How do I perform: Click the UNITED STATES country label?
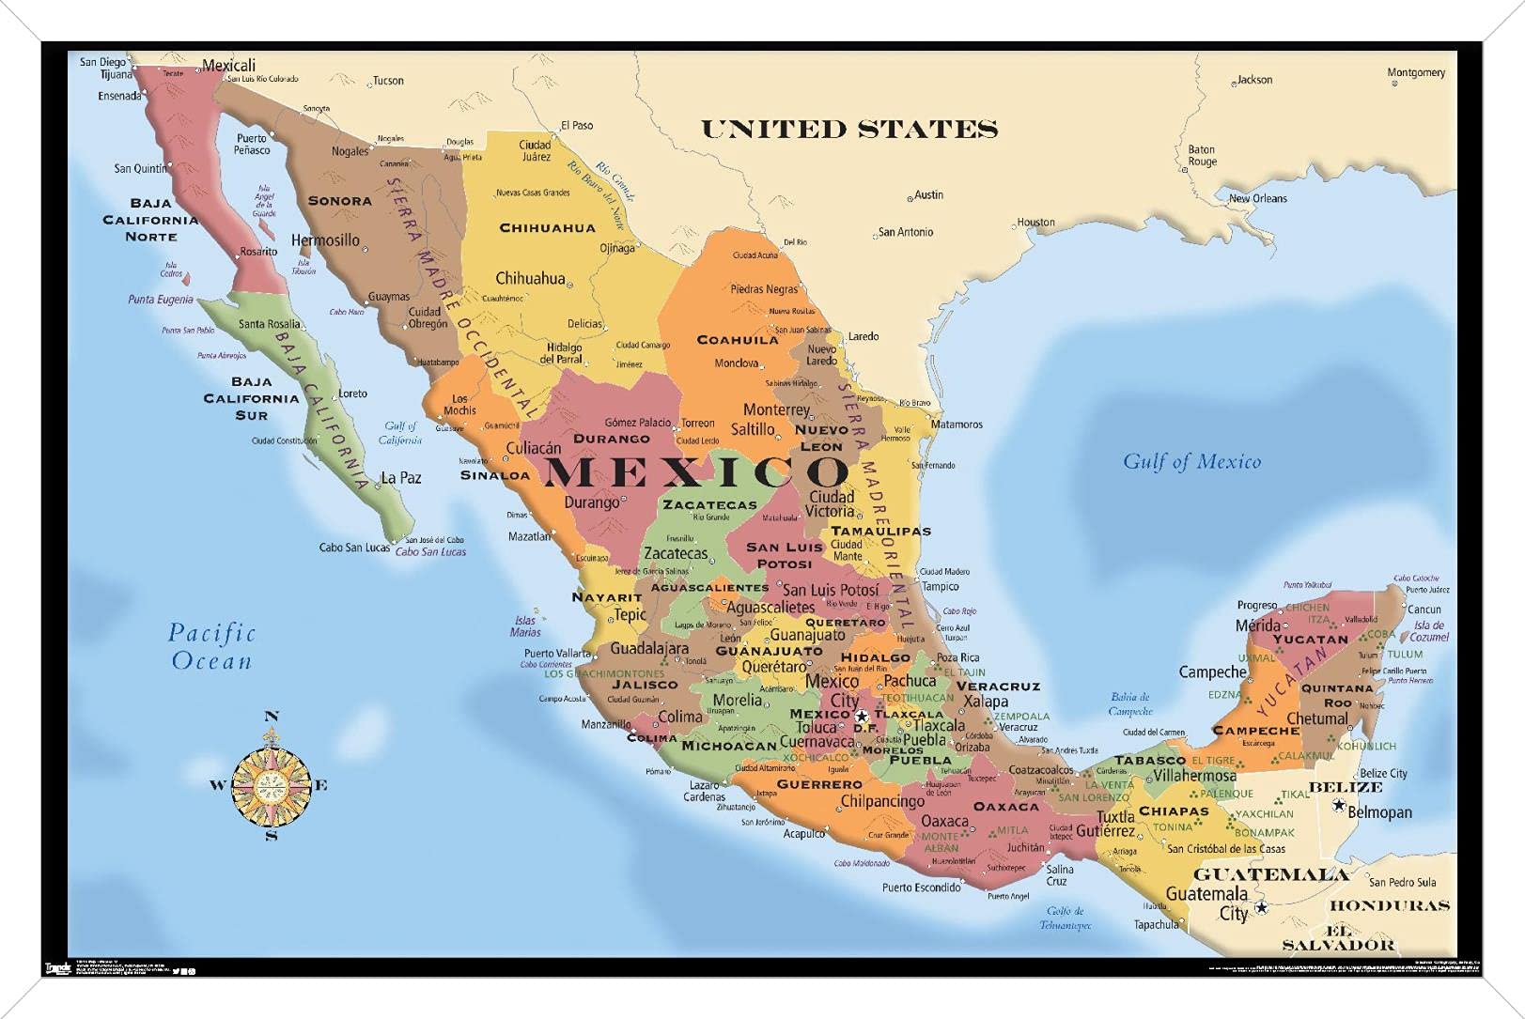pos(848,130)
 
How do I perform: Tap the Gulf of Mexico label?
pos(1191,461)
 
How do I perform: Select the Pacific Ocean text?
pos(211,646)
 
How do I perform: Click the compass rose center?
pos(271,784)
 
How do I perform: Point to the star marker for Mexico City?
pos(862,717)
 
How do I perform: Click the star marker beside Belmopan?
pos(1339,805)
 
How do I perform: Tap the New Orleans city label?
pos(1258,198)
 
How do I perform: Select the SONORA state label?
pos(339,201)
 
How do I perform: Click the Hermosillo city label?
pos(325,240)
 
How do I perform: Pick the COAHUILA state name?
pos(738,340)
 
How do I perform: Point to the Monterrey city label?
pos(776,409)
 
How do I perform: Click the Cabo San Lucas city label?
pos(354,548)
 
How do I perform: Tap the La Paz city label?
pos(401,478)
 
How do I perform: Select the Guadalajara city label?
pos(649,648)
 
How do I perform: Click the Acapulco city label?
pos(804,833)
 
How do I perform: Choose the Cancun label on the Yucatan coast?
pos(1424,609)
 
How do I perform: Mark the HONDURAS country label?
pos(1390,905)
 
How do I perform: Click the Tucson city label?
pos(388,81)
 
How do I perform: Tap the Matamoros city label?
pos(957,425)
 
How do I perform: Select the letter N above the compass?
pos(272,717)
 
